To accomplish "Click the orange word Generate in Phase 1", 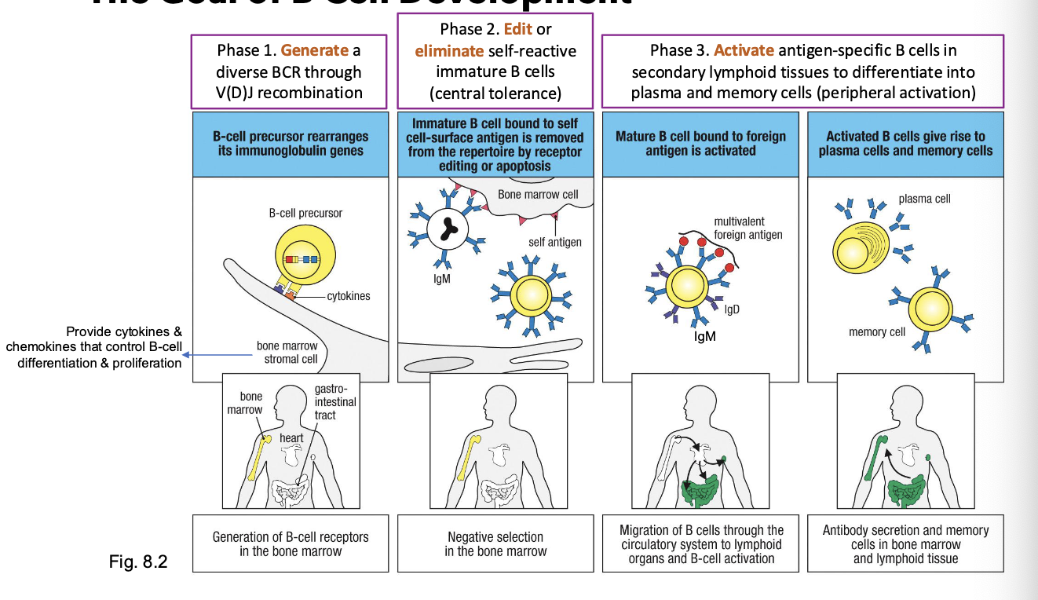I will point(314,50).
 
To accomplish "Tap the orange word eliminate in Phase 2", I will point(449,51).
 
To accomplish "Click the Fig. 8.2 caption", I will point(139,562).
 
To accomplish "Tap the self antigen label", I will point(555,242).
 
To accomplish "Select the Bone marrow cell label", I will point(539,194).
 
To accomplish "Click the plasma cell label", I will point(924,199).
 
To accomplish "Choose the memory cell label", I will point(877,332).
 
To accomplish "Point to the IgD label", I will point(733,309).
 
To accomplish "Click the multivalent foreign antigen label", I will point(747,229).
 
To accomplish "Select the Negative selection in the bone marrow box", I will point(495,543).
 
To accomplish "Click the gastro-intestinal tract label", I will point(334,402).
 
